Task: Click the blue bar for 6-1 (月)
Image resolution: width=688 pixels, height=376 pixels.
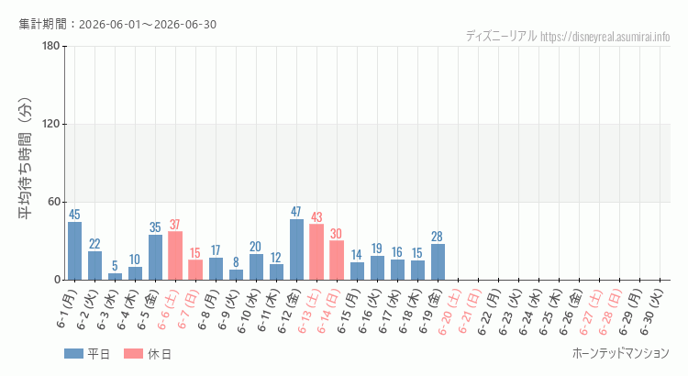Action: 74,251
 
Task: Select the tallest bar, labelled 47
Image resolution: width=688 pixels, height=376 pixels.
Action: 296,249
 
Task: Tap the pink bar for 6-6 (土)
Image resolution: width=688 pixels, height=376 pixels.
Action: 175,256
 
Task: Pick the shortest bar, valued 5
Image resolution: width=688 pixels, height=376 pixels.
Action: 115,276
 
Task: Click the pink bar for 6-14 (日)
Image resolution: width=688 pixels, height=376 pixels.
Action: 337,260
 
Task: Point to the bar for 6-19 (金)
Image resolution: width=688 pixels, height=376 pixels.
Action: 438,262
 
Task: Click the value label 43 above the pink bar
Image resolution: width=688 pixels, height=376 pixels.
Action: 316,217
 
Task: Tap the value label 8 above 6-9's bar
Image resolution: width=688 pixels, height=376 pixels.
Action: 236,262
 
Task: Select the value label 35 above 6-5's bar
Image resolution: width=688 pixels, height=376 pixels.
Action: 155,227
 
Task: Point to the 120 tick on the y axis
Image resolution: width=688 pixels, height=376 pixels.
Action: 51,124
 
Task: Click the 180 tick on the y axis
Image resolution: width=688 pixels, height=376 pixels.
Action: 51,46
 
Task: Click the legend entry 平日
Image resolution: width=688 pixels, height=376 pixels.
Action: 87,354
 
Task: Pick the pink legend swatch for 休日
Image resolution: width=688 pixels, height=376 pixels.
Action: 133,354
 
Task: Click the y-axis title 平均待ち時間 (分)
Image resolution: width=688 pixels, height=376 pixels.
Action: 25,159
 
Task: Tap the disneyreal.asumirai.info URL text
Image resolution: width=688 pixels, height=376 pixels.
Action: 605,37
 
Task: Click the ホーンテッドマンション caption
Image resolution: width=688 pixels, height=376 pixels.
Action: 621,353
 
